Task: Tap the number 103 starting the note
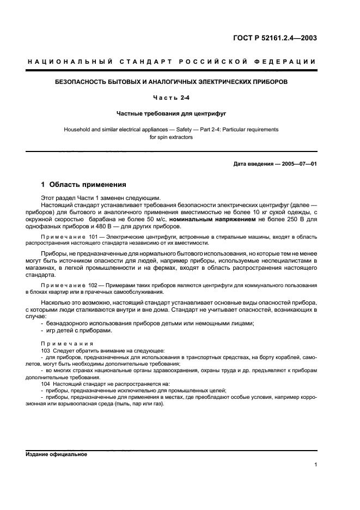pos(46,351)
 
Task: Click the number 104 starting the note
pos(46,384)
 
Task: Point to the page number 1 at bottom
pos(315,465)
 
